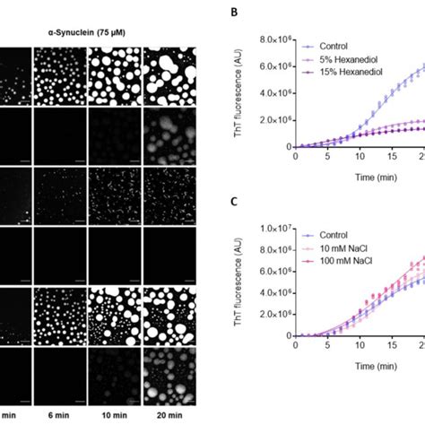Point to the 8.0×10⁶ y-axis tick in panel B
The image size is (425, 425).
click(274, 40)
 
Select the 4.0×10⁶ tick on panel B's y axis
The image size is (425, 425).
click(274, 93)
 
